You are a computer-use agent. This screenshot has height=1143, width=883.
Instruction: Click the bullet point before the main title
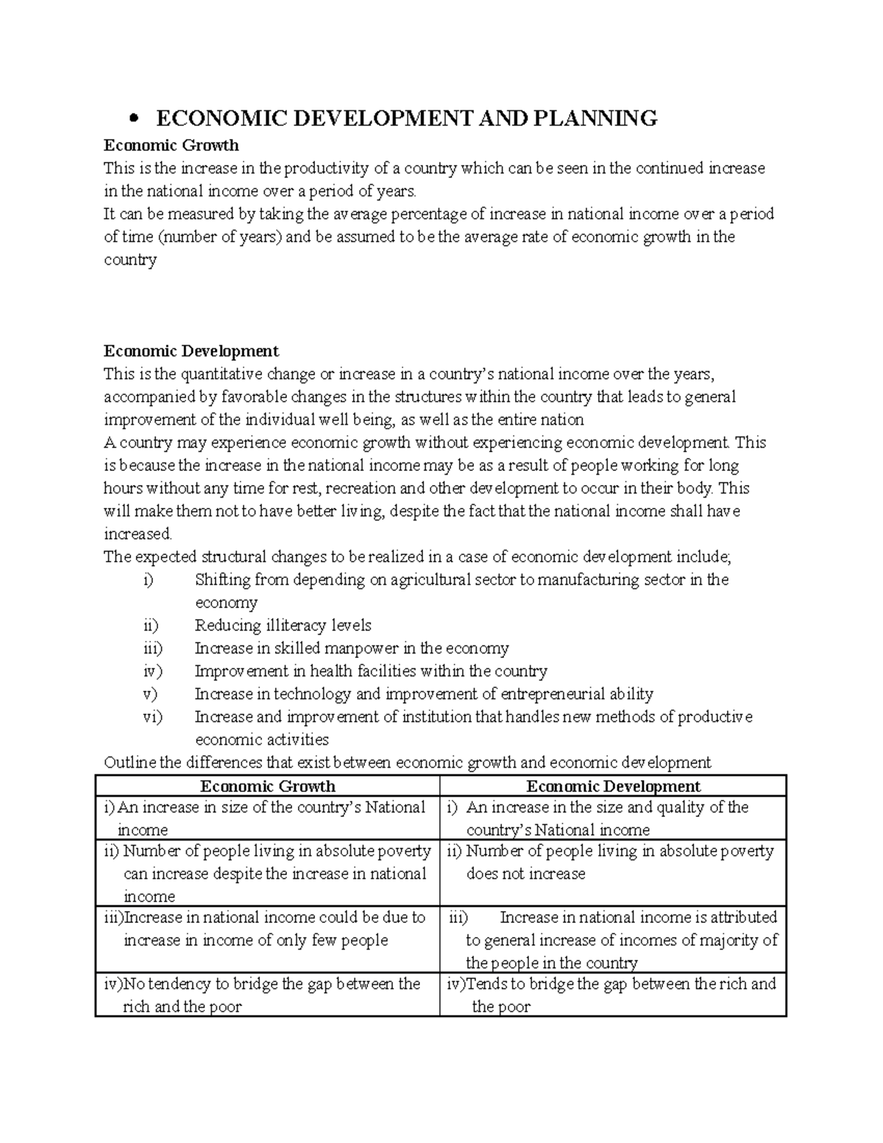coord(133,119)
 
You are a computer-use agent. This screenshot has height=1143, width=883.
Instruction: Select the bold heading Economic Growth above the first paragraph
coord(171,145)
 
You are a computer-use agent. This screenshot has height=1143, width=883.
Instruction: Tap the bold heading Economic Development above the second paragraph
coord(191,351)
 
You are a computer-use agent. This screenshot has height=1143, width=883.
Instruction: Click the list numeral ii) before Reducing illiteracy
coord(150,626)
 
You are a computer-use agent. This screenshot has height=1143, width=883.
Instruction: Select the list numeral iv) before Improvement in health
coord(152,671)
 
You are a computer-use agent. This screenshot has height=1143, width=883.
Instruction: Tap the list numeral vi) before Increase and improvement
coord(152,717)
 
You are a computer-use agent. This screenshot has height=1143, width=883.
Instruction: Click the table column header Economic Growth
coord(268,786)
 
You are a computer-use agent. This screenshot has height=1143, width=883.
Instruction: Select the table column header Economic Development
coord(613,786)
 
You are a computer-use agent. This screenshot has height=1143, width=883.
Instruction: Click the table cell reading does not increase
coord(525,874)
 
